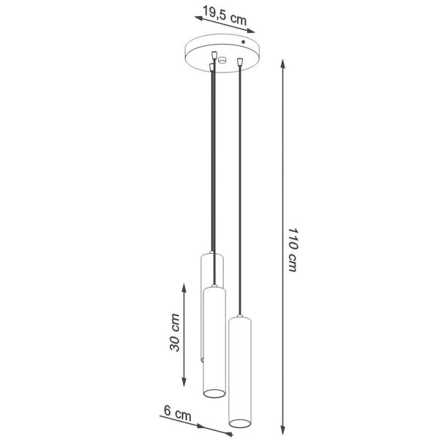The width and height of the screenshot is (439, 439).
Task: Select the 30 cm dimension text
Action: tap(176, 333)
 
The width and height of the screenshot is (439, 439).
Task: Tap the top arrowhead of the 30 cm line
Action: tap(184, 283)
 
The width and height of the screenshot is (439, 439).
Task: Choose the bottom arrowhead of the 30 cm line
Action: tap(184, 385)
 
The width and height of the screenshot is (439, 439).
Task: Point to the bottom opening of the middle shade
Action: tap(214, 394)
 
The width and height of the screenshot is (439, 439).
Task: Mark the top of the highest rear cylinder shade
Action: tap(211, 255)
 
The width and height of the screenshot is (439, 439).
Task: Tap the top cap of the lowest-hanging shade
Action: tap(240, 320)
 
